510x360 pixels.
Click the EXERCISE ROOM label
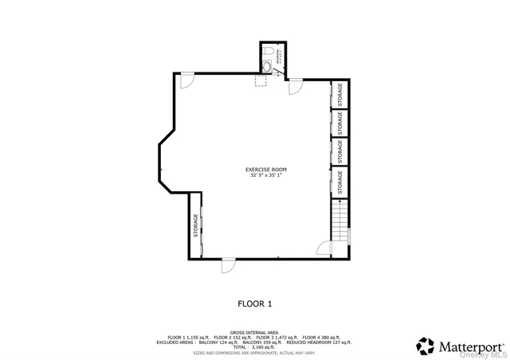(265, 170)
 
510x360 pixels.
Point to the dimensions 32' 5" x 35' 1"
(265, 176)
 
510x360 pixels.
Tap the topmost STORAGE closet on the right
(340, 94)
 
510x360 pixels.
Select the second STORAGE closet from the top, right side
(340, 123)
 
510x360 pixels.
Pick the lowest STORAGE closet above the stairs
(340, 182)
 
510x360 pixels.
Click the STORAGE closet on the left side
(196, 225)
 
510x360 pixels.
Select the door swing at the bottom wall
(227, 266)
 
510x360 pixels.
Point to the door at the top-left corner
(186, 80)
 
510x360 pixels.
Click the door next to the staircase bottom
(325, 248)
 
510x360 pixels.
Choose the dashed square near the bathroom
(261, 80)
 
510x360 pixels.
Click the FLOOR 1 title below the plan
(255, 303)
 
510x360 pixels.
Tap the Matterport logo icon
(426, 346)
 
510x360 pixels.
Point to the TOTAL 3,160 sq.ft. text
(254, 347)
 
